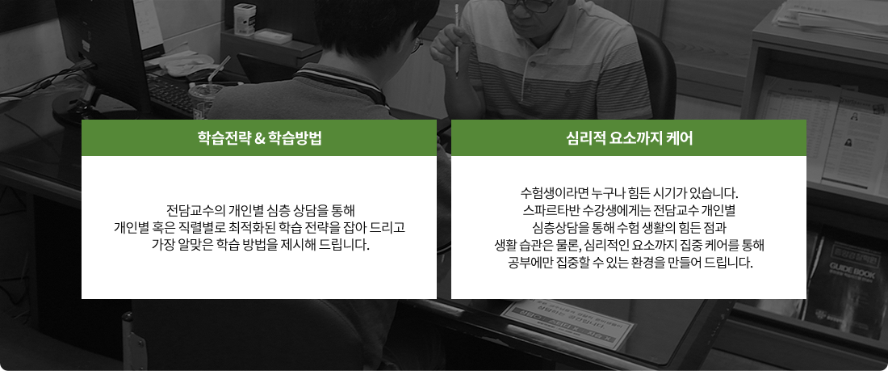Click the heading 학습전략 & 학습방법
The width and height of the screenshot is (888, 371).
259,138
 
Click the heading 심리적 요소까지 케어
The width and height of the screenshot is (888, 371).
629,138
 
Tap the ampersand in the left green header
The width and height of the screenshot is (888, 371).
257,138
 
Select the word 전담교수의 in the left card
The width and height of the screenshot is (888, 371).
195,211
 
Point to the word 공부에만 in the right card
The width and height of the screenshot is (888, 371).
529,263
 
